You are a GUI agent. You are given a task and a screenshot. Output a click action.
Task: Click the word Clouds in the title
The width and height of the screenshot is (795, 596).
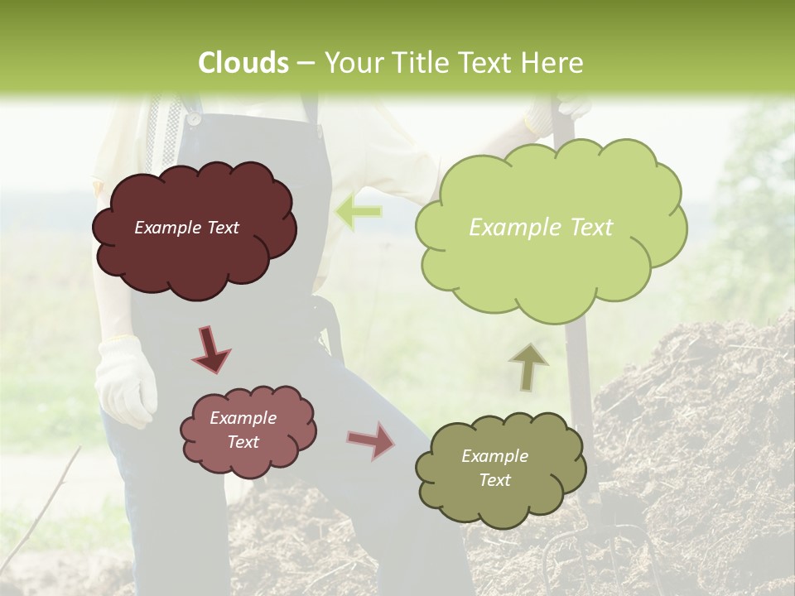tap(243, 63)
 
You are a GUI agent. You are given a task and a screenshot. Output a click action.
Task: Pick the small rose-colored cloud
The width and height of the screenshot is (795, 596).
tap(248, 430)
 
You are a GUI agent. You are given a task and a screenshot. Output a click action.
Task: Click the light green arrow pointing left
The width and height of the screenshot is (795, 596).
tap(359, 212)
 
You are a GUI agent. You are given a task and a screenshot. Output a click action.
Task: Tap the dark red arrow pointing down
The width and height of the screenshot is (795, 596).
tap(211, 350)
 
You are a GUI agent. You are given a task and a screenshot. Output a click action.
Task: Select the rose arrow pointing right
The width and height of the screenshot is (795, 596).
tap(372, 440)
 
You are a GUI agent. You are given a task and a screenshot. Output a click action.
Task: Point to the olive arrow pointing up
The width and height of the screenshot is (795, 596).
tap(528, 367)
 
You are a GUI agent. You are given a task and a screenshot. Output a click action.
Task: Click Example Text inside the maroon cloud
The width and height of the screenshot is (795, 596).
tap(186, 228)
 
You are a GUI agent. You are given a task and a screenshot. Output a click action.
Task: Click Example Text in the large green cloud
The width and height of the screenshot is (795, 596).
tap(541, 228)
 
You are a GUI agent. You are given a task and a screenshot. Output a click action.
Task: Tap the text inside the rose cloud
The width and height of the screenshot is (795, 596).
tap(243, 430)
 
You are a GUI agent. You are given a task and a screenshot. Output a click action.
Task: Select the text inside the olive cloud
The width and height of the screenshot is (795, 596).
tap(494, 469)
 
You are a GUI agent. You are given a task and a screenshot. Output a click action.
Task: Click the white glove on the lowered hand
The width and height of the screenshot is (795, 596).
tap(125, 380)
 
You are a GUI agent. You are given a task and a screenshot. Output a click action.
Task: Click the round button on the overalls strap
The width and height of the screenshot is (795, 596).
tap(193, 119)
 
